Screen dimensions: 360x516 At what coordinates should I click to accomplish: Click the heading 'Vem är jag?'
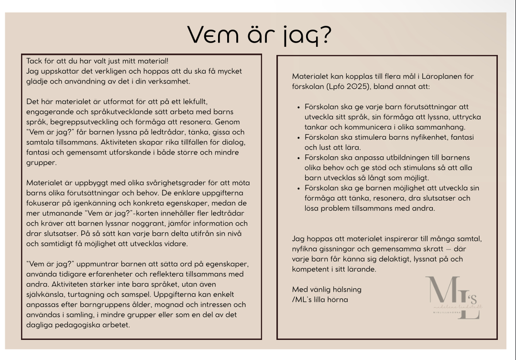point(258,34)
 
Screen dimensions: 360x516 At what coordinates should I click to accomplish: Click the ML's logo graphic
point(453,297)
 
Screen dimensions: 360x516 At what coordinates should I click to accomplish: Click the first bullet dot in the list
point(299,107)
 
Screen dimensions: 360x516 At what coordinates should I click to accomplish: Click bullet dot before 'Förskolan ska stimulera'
point(299,137)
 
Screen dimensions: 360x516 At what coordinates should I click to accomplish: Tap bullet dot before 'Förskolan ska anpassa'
point(299,158)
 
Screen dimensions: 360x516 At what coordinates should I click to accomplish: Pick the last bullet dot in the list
point(299,188)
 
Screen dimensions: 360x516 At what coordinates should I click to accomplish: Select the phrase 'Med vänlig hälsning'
point(327,289)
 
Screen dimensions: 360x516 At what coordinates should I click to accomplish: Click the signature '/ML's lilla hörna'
point(320,300)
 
